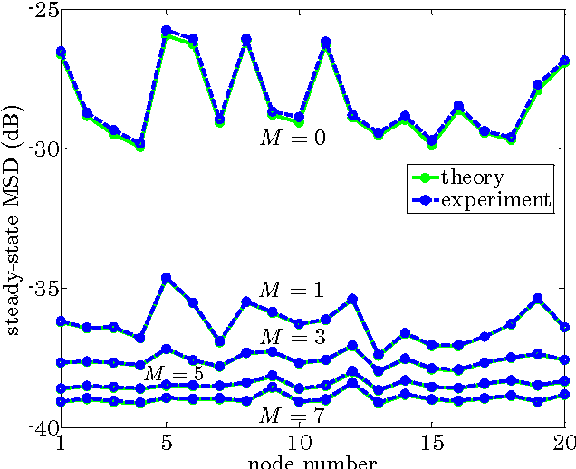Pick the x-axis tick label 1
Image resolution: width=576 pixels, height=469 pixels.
pyautogui.click(x=61, y=445)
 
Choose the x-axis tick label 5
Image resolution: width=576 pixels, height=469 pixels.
pyautogui.click(x=166, y=445)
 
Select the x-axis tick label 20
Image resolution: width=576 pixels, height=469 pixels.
pyautogui.click(x=562, y=445)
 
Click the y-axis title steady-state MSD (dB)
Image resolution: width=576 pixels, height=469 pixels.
pyautogui.click(x=14, y=217)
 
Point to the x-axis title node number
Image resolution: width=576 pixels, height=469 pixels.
pyautogui.click(x=312, y=463)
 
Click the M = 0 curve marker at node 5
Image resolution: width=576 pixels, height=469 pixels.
pyautogui.click(x=166, y=31)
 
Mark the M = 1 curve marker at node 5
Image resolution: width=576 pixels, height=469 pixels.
pyautogui.click(x=166, y=278)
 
